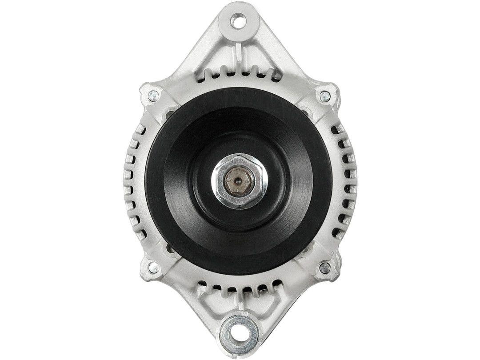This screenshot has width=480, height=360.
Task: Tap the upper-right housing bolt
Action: (325, 95)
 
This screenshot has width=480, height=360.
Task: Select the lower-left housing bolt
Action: (153, 267)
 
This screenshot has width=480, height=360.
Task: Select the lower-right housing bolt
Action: (324, 267)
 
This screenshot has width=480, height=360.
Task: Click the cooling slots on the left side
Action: (133, 180)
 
